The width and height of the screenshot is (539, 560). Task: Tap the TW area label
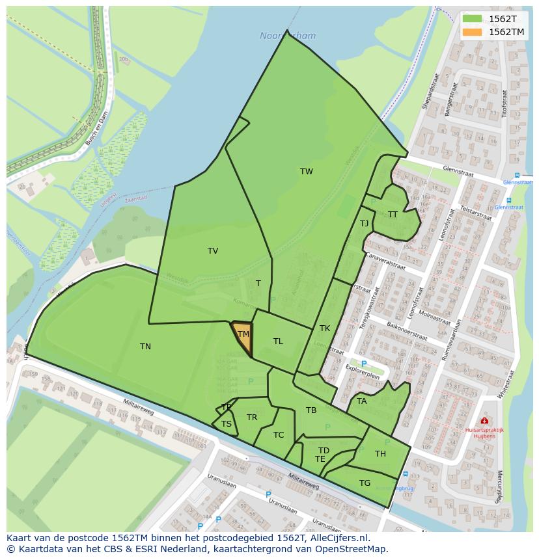click(x=307, y=172)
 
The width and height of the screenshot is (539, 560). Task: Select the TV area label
click(x=213, y=251)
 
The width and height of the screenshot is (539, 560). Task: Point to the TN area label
click(x=145, y=347)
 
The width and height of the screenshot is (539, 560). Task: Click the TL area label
click(x=278, y=341)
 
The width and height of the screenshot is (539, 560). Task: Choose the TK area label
click(x=325, y=328)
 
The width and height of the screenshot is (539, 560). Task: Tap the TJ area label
click(x=364, y=224)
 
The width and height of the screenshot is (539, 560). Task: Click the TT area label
click(x=393, y=215)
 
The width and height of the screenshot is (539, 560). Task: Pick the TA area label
click(x=362, y=401)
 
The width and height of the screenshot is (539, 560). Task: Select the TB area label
click(x=311, y=410)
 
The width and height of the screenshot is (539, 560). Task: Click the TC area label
click(x=279, y=435)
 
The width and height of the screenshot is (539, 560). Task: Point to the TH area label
click(x=380, y=454)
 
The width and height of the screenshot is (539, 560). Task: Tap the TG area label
click(x=365, y=483)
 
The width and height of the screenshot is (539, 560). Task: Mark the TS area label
click(x=227, y=424)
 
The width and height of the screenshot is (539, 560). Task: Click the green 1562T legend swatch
click(x=473, y=19)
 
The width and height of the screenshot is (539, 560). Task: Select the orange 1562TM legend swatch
click(x=473, y=32)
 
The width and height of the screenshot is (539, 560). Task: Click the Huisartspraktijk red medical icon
click(x=484, y=421)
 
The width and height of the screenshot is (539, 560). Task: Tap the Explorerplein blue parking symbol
click(x=363, y=364)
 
